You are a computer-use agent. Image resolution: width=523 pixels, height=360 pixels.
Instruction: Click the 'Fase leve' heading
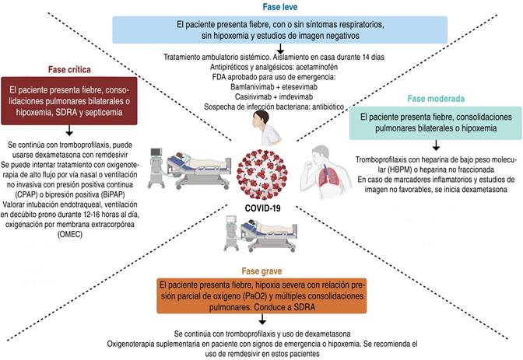click(280, 7)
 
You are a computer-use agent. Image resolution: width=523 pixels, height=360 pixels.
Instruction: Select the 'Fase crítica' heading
click(69, 69)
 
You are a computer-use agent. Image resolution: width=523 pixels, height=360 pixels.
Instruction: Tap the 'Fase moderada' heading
click(436, 99)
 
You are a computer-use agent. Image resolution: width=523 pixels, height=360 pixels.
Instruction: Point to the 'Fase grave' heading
click(261, 271)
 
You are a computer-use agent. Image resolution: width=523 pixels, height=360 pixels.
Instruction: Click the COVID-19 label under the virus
click(262, 208)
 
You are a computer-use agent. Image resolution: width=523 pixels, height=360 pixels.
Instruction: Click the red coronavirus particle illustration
click(262, 175)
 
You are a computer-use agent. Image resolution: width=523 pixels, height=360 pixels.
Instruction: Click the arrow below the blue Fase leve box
click(280, 48)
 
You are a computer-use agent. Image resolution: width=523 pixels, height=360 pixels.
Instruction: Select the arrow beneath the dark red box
click(69, 131)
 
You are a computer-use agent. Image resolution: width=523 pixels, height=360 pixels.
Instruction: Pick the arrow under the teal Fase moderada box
click(436, 145)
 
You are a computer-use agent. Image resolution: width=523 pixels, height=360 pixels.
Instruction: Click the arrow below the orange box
click(262, 319)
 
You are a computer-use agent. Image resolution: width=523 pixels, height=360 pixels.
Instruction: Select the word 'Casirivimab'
click(254, 97)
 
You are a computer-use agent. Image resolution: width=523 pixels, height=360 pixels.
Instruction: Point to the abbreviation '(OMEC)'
click(70, 234)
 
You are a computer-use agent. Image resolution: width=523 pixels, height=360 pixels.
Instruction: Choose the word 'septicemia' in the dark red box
click(104, 112)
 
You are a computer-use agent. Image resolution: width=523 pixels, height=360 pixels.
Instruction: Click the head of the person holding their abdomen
click(261, 119)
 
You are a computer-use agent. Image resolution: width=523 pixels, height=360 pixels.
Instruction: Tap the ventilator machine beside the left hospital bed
click(156, 168)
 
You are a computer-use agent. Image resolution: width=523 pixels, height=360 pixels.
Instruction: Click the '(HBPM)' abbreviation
click(399, 170)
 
